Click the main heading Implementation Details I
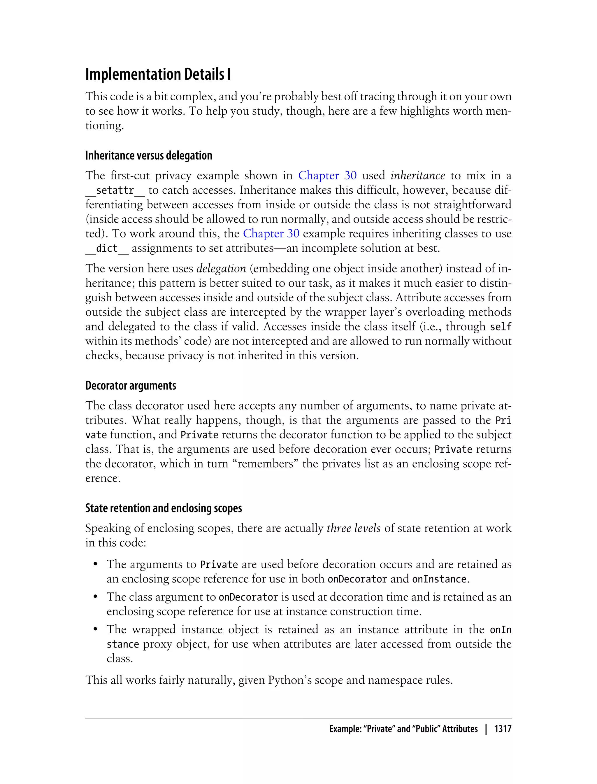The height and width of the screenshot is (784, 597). pyautogui.click(x=158, y=74)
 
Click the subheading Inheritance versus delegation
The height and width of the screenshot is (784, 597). pyautogui.click(x=149, y=155)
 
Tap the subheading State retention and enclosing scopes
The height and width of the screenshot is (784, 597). pyautogui.click(x=164, y=508)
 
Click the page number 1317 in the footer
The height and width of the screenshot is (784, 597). pyautogui.click(x=503, y=729)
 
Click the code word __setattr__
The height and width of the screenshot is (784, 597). pyautogui.click(x=115, y=190)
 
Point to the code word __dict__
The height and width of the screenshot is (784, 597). pyautogui.click(x=107, y=249)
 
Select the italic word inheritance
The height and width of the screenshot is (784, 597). pyautogui.click(x=417, y=176)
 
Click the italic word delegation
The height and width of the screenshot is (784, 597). pyautogui.click(x=221, y=268)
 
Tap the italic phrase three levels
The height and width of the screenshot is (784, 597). pyautogui.click(x=353, y=528)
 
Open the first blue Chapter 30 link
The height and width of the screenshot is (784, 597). pyautogui.click(x=327, y=176)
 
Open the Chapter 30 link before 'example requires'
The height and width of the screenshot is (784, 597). pyautogui.click(x=271, y=234)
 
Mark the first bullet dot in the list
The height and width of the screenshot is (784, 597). pyautogui.click(x=95, y=565)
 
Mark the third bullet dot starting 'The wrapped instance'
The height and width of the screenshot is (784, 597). pyautogui.click(x=95, y=630)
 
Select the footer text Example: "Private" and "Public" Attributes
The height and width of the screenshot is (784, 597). pyautogui.click(x=403, y=729)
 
